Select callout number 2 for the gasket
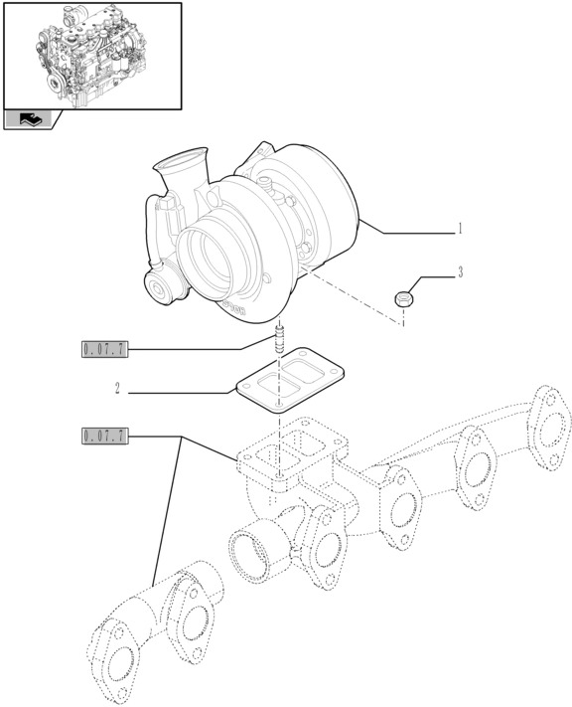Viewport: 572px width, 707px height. [x=116, y=390]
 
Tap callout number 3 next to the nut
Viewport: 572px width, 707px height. [x=460, y=271]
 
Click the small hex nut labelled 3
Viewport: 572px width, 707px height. [x=404, y=296]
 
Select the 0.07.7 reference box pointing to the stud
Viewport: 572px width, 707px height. [x=105, y=348]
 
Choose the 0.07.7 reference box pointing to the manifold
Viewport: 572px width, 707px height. [x=105, y=436]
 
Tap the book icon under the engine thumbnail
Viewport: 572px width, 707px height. [x=26, y=119]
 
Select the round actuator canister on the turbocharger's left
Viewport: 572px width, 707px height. [x=165, y=288]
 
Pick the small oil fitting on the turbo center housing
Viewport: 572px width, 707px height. [x=266, y=180]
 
